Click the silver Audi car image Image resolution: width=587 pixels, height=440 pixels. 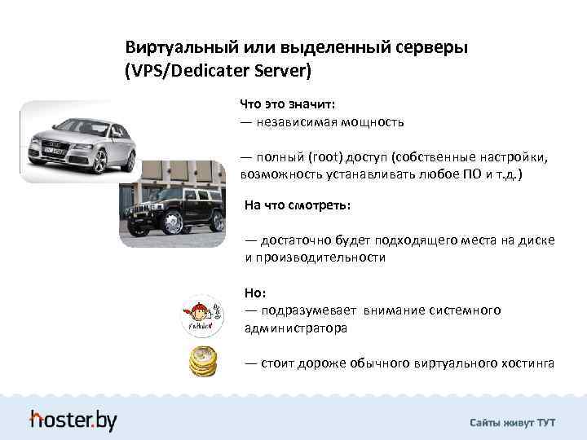click(x=78, y=141)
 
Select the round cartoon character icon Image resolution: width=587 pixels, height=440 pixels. click(x=201, y=315)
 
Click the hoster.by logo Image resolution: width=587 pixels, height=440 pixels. click(x=73, y=420)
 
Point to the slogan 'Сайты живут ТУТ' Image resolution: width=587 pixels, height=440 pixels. click(x=512, y=423)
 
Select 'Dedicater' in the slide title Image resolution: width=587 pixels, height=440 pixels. click(x=214, y=71)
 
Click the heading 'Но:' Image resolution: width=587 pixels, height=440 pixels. click(x=254, y=293)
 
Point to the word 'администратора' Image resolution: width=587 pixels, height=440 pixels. click(x=295, y=328)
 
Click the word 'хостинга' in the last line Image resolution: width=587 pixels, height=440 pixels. click(x=527, y=363)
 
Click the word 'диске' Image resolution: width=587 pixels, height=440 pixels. click(x=538, y=240)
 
